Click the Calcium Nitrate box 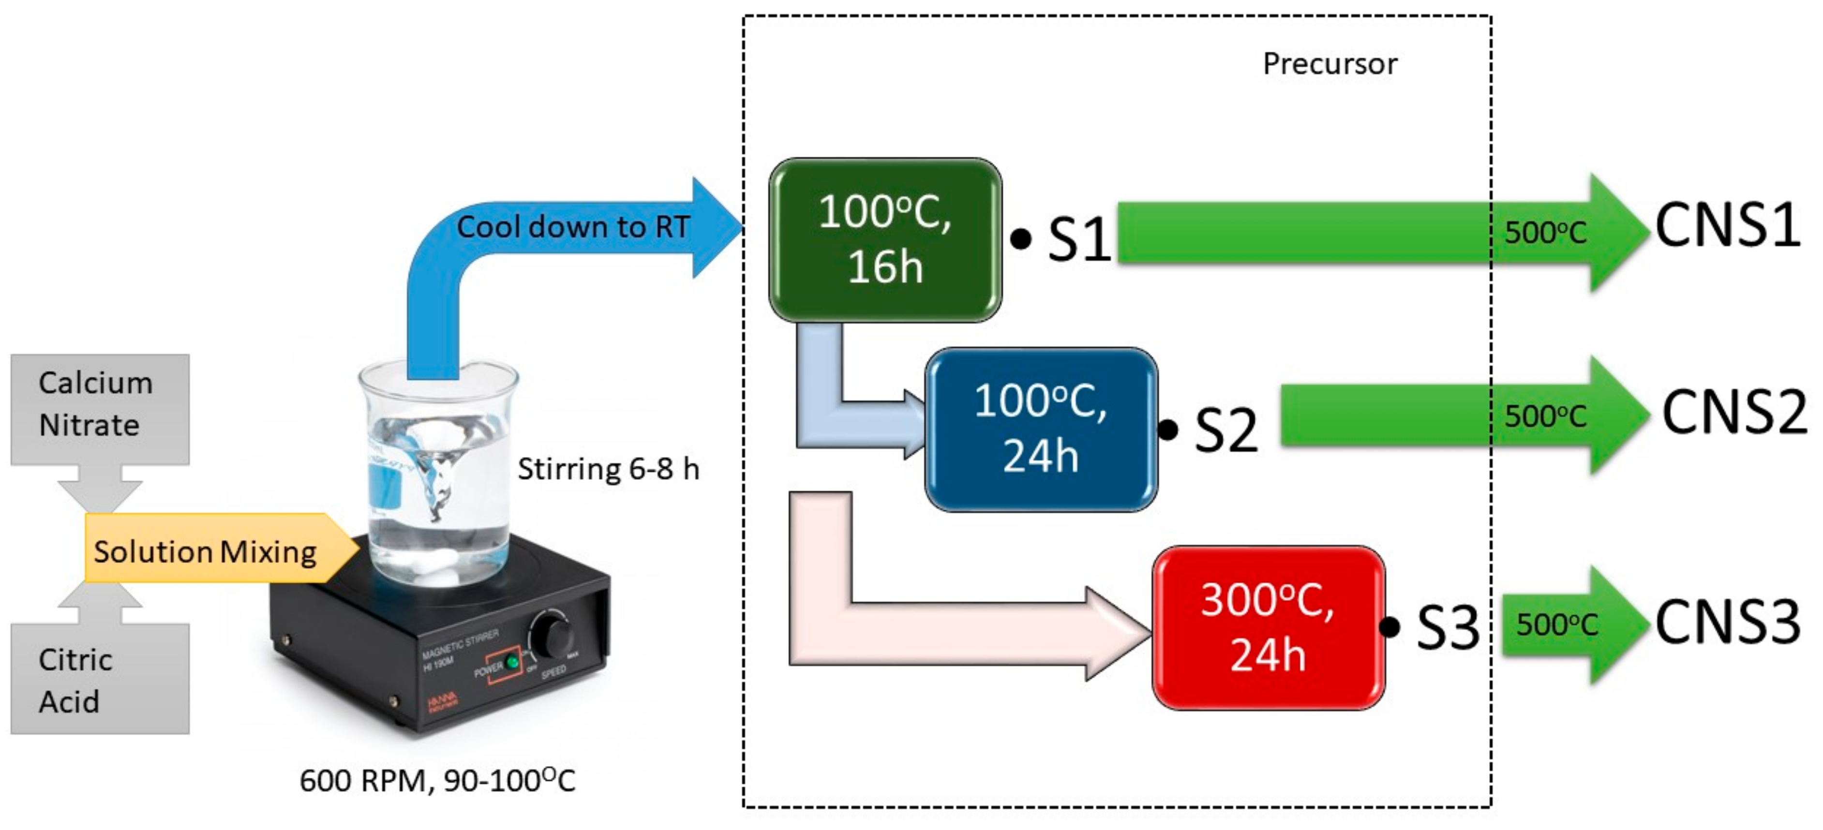(x=99, y=409)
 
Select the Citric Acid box (x=99, y=679)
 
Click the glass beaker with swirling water (x=439, y=481)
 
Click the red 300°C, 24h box (x=1268, y=627)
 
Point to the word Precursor (x=1330, y=64)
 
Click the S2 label (x=1225, y=430)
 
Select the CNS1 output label (x=1728, y=225)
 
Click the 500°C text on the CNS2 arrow (x=1546, y=416)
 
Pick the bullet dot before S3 (x=1389, y=627)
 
